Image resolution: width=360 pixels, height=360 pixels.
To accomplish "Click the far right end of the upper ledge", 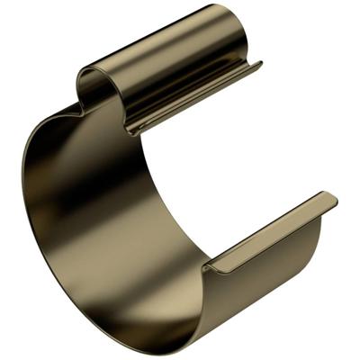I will pos(258,65).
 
